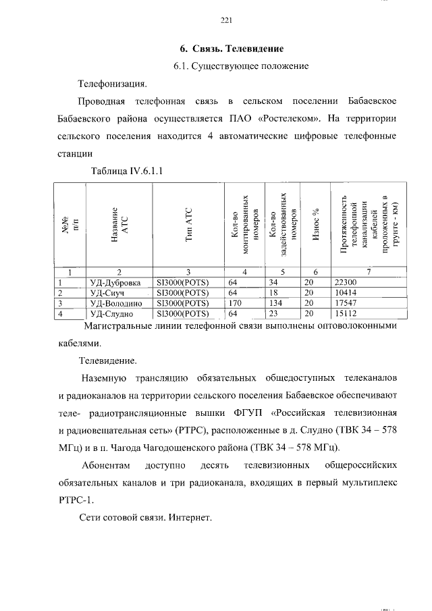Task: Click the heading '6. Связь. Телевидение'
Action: [231, 49]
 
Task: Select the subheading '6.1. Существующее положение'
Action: [240, 66]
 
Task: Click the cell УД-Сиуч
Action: [108, 293]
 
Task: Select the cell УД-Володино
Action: [115, 304]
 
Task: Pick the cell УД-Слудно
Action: [111, 314]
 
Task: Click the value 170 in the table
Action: [235, 304]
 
